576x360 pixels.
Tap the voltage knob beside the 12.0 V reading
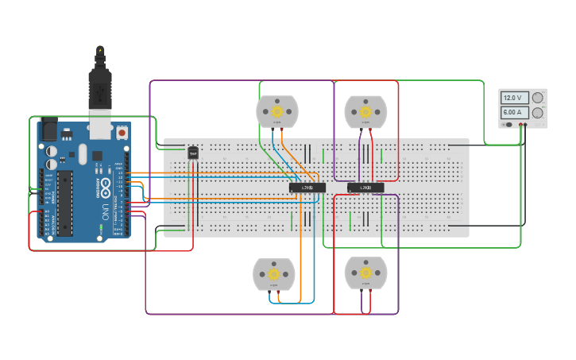click(x=538, y=98)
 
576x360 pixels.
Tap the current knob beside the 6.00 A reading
click(x=538, y=114)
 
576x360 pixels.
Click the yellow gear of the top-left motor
click(x=277, y=110)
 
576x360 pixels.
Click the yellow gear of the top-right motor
click(x=365, y=110)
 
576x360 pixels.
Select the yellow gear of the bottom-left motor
click(x=274, y=273)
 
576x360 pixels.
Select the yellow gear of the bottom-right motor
click(x=365, y=273)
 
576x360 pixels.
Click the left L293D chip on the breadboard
click(x=307, y=188)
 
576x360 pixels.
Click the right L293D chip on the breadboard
click(x=365, y=188)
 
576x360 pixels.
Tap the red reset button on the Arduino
click(x=122, y=132)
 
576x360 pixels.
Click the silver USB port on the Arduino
click(x=99, y=127)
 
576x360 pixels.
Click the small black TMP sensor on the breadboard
click(x=192, y=153)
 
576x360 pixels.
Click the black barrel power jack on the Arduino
click(x=48, y=127)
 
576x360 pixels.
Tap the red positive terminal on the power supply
click(x=524, y=125)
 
